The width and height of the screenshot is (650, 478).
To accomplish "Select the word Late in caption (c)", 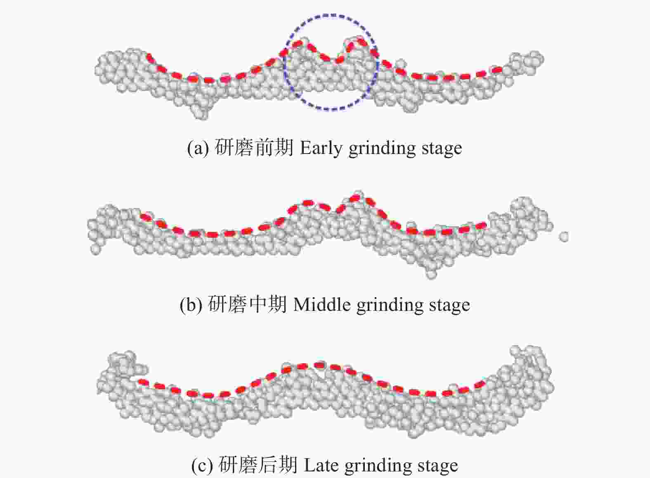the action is (x=321, y=466).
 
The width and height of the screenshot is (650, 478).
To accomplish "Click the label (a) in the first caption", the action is (x=198, y=149).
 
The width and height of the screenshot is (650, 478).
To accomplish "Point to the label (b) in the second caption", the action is (x=191, y=305).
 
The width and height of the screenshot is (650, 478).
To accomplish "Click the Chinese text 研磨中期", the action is (x=247, y=305).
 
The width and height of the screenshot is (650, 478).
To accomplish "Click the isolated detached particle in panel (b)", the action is (x=564, y=237).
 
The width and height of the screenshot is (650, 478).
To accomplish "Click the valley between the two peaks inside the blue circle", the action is (x=338, y=62).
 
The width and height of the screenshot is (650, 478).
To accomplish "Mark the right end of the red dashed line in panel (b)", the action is (x=485, y=225).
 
